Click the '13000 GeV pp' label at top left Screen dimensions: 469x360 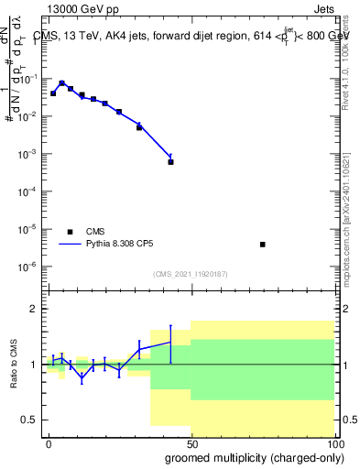(x=79, y=7)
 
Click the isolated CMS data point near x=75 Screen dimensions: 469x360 (x=263, y=245)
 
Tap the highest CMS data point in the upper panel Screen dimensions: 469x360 (x=61, y=83)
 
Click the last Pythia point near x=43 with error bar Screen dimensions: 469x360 (x=170, y=157)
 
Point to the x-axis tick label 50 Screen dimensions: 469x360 (x=191, y=442)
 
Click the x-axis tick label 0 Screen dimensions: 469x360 (x=49, y=442)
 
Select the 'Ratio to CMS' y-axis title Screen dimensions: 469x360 (x=14, y=365)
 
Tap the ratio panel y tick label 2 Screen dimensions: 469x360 (x=34, y=309)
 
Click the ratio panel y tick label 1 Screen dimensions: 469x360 (x=34, y=365)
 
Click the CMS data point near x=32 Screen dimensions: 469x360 (x=139, y=127)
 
